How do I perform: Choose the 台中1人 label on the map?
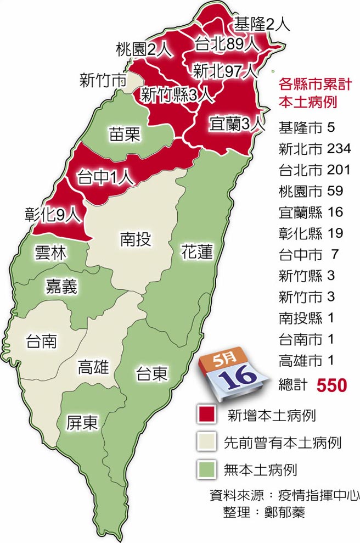coord(105,177)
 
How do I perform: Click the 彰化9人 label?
coord(53,215)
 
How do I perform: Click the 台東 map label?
coord(152,374)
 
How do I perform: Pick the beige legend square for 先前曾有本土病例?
coord(206,441)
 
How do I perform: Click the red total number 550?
coord(331,385)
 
